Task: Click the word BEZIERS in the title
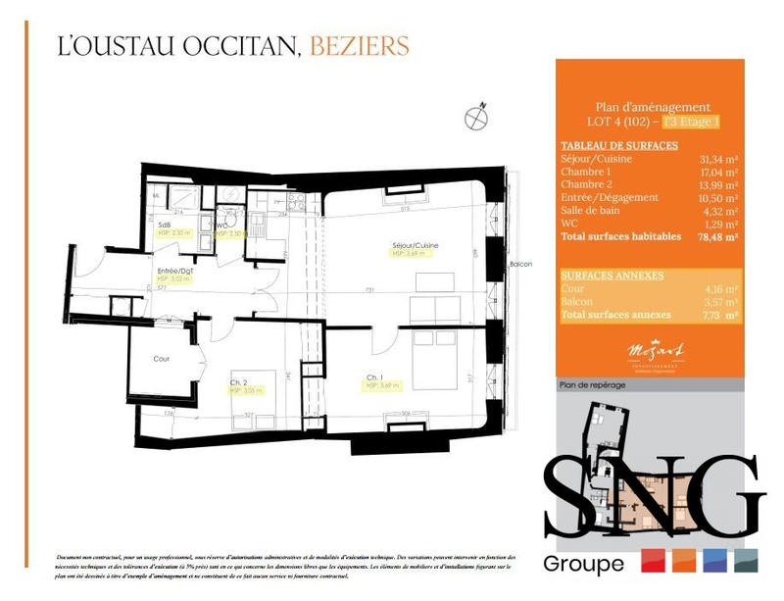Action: (x=359, y=45)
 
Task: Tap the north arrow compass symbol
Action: (x=476, y=115)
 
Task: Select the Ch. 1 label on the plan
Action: (x=374, y=377)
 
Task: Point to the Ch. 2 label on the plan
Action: (x=237, y=381)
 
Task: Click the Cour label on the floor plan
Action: (x=162, y=359)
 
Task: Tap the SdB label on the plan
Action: (x=165, y=225)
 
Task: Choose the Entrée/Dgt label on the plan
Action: (x=174, y=270)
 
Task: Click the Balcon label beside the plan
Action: (x=519, y=266)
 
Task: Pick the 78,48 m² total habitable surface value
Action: (x=716, y=236)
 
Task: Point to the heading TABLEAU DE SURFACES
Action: (x=619, y=145)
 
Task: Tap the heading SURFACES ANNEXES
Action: (x=612, y=275)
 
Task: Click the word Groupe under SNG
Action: (x=583, y=564)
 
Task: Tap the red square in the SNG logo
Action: (x=654, y=561)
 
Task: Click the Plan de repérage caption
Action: (x=591, y=385)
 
